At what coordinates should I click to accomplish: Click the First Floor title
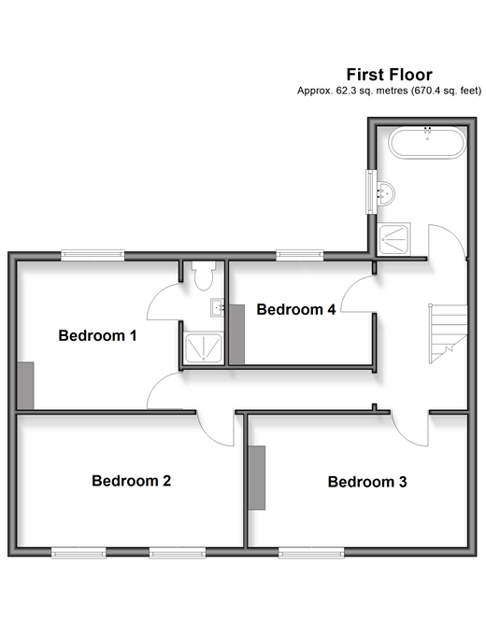pyautogui.click(x=390, y=75)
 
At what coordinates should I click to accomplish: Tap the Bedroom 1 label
pyautogui.click(x=97, y=335)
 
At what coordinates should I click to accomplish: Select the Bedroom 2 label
pyautogui.click(x=131, y=481)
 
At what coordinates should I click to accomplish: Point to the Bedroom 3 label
pyautogui.click(x=367, y=482)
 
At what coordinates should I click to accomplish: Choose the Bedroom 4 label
pyautogui.click(x=296, y=309)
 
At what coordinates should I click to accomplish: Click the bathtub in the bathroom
pyautogui.click(x=427, y=143)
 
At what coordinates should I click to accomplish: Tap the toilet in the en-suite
pyautogui.click(x=204, y=275)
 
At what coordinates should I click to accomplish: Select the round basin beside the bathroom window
pyautogui.click(x=385, y=193)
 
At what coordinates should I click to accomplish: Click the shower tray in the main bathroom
pyautogui.click(x=393, y=239)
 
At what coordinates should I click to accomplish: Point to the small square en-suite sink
pyautogui.click(x=217, y=307)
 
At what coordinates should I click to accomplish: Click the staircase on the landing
pyautogui.click(x=449, y=333)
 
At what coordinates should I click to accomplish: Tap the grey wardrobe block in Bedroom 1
pyautogui.click(x=26, y=386)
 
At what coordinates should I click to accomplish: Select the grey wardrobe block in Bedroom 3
pyautogui.click(x=257, y=477)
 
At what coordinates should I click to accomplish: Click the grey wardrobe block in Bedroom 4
pyautogui.click(x=237, y=334)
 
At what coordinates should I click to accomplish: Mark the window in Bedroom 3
pyautogui.click(x=311, y=553)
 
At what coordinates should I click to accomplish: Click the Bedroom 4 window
pyautogui.click(x=300, y=255)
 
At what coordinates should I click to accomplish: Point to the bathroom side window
pyautogui.click(x=371, y=191)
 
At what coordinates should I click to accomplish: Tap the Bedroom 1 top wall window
pyautogui.click(x=93, y=255)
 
